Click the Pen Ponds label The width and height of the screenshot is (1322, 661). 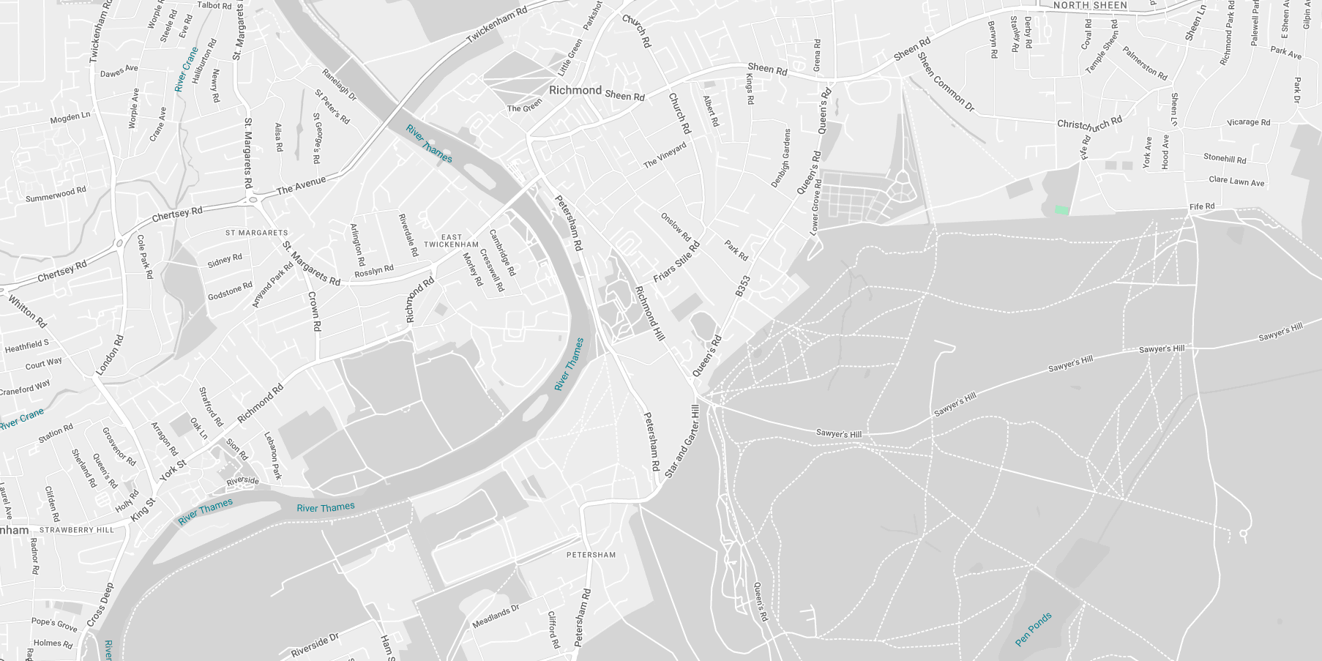pyautogui.click(x=1034, y=630)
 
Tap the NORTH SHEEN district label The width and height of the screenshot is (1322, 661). pyautogui.click(x=1090, y=5)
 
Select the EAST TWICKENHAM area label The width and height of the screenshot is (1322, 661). pyautogui.click(x=451, y=241)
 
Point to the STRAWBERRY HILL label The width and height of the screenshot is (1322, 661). pyautogui.click(x=77, y=530)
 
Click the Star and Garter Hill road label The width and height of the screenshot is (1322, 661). pyautogui.click(x=682, y=441)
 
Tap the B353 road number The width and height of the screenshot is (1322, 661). pyautogui.click(x=743, y=286)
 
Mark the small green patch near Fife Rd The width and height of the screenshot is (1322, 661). pyautogui.click(x=1061, y=211)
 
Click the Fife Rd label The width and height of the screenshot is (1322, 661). pyautogui.click(x=1202, y=206)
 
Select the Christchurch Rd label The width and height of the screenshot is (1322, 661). pyautogui.click(x=1089, y=123)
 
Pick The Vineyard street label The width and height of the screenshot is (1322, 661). pyautogui.click(x=665, y=155)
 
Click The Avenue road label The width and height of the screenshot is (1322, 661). pyautogui.click(x=301, y=185)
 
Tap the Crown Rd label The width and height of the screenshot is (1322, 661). pyautogui.click(x=314, y=311)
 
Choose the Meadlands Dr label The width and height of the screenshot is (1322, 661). pyautogui.click(x=496, y=616)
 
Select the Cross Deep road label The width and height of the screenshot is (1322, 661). pyautogui.click(x=100, y=605)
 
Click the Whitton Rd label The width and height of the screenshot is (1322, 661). pyautogui.click(x=28, y=311)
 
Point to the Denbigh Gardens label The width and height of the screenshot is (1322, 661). pyautogui.click(x=781, y=158)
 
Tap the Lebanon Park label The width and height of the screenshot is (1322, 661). pyautogui.click(x=272, y=455)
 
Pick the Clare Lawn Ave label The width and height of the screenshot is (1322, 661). pyautogui.click(x=1236, y=181)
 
